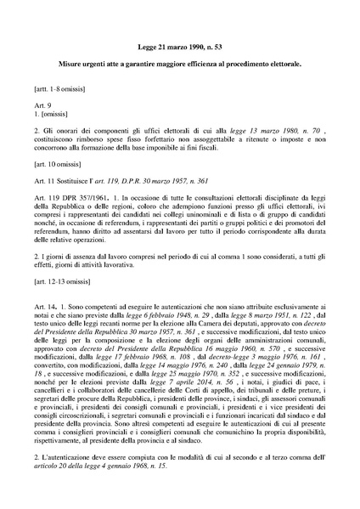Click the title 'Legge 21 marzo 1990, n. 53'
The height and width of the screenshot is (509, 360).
click(180, 50)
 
